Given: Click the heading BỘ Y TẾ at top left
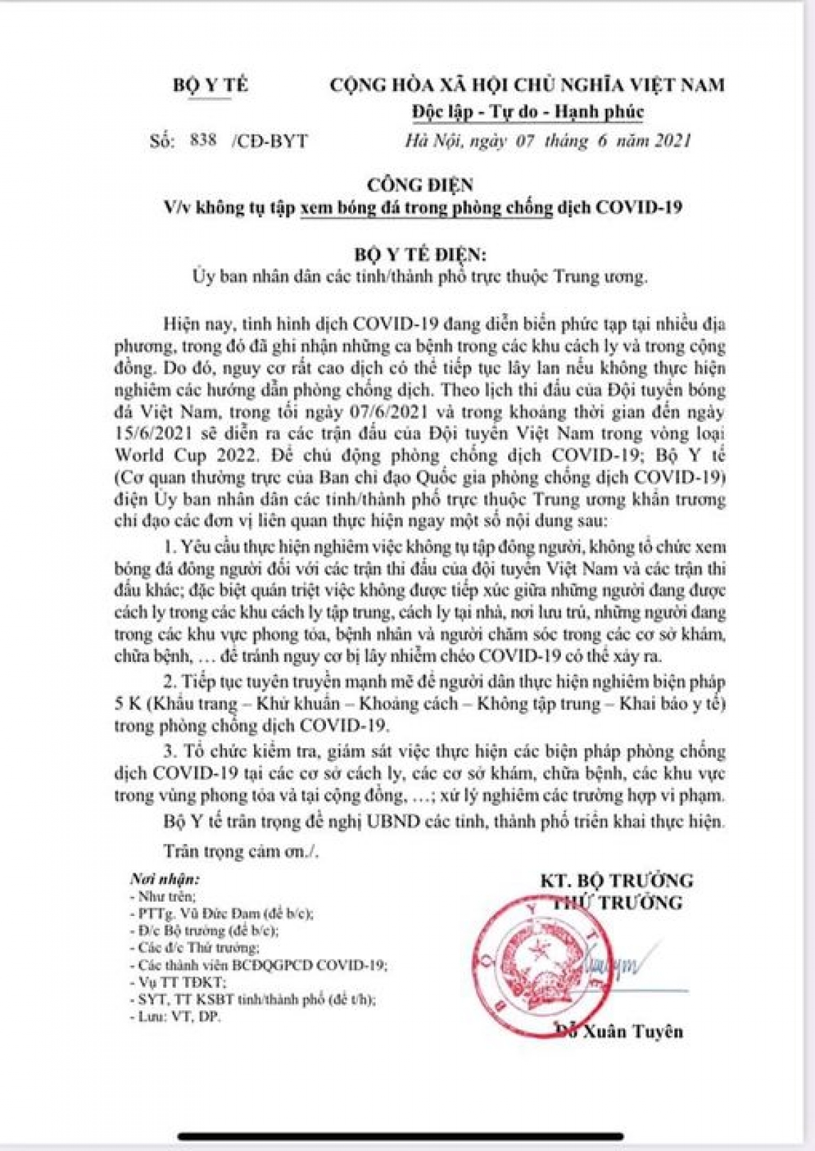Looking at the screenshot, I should [211, 85].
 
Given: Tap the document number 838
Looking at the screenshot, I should [204, 140].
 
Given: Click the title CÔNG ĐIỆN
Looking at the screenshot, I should [420, 185].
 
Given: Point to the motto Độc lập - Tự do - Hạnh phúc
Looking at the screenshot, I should [528, 111].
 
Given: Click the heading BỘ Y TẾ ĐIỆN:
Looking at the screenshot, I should [420, 254].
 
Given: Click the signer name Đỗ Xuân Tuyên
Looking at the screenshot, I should [619, 1031].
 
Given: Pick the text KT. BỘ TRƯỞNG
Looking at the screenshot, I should [617, 881].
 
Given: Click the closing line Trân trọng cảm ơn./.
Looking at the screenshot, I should [240, 851].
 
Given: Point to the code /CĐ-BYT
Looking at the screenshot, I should [270, 141].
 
